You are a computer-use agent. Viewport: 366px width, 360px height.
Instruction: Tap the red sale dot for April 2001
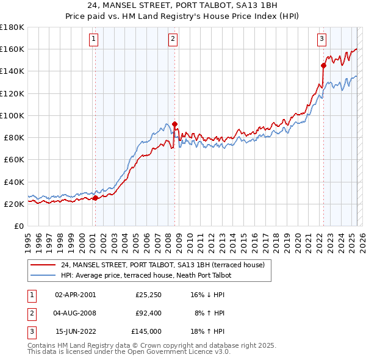point(95,198)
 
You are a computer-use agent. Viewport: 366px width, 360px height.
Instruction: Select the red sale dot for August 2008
point(174,124)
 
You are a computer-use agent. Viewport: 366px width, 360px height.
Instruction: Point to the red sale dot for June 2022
point(323,65)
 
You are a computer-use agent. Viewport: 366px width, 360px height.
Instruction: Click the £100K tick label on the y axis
point(12,115)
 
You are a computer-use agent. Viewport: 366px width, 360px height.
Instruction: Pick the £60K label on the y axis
point(14,159)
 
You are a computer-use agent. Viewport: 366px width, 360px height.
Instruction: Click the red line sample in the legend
point(43,265)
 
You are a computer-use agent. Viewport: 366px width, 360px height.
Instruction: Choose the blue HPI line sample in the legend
point(43,275)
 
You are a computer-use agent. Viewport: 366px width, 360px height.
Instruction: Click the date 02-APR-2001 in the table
point(75,295)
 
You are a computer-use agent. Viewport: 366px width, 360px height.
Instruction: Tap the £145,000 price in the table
point(146,331)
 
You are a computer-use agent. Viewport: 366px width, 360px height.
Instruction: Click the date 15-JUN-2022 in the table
point(75,331)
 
